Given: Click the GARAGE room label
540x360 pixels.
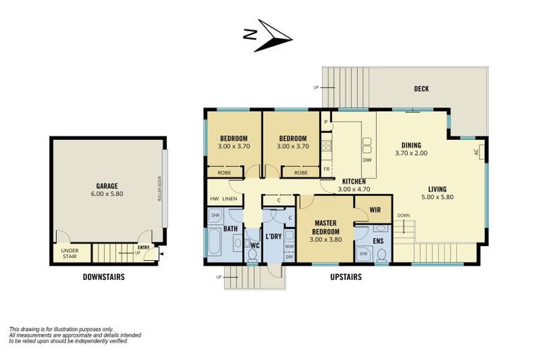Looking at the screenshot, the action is [107, 186].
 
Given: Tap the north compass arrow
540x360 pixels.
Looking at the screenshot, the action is [274, 35].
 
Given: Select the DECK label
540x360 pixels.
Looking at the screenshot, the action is [422, 89].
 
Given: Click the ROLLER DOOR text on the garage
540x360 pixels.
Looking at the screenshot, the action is [160, 188].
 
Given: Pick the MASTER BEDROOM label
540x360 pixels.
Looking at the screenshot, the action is [326, 227].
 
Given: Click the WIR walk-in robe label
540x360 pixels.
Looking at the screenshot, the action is [375, 210].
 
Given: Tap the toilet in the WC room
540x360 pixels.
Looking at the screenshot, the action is [252, 255].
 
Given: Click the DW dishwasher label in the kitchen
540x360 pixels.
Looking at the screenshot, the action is [367, 160].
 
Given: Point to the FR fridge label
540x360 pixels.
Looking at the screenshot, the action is [326, 169].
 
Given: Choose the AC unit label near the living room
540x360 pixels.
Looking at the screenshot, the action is [477, 152].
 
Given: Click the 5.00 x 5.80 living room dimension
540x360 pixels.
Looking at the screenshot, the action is [437, 197].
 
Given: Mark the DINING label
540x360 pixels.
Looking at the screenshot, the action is [411, 145].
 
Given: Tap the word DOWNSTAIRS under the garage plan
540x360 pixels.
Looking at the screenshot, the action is [103, 276].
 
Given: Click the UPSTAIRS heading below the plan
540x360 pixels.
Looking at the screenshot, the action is [346, 276].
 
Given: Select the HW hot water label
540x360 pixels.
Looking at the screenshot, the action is [214, 199].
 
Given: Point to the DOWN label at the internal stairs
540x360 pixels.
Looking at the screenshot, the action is [404, 216].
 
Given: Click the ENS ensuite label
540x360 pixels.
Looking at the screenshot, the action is [378, 240].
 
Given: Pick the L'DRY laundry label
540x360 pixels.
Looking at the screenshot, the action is [274, 237].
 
